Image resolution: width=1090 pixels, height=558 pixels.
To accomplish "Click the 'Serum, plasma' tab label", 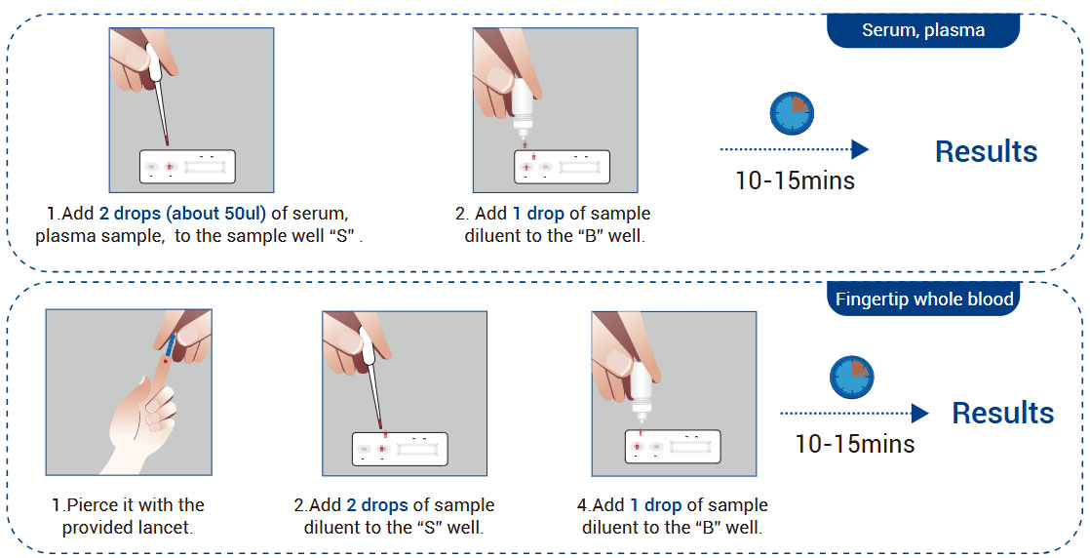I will (922, 30).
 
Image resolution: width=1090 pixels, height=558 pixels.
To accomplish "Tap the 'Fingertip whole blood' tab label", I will (923, 299).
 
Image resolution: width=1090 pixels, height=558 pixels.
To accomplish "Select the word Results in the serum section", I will (986, 151).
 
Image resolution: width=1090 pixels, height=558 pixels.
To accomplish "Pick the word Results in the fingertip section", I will (1002, 413).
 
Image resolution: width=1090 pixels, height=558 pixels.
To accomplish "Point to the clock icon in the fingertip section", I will (851, 378).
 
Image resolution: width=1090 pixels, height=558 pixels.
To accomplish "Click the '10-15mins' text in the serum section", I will (795, 180).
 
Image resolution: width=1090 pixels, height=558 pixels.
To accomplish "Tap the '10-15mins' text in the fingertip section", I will (854, 444).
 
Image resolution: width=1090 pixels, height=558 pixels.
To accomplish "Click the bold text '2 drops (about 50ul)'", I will (182, 214).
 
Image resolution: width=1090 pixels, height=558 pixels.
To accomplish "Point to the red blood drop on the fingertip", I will (166, 363).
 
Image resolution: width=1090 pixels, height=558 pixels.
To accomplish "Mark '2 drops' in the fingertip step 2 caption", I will (379, 505).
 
